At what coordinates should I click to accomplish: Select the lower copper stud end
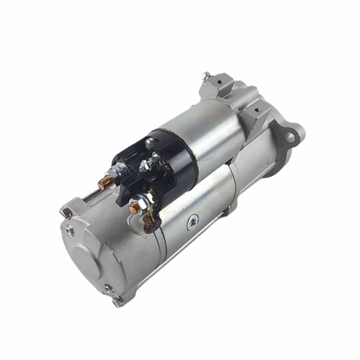[x=132, y=210]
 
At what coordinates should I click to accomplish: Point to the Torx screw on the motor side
[x=191, y=223]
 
